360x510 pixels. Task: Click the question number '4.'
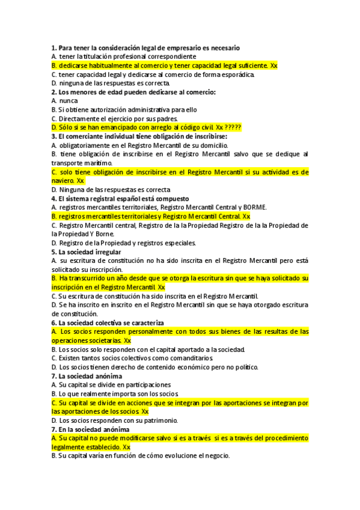(x=53, y=198)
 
